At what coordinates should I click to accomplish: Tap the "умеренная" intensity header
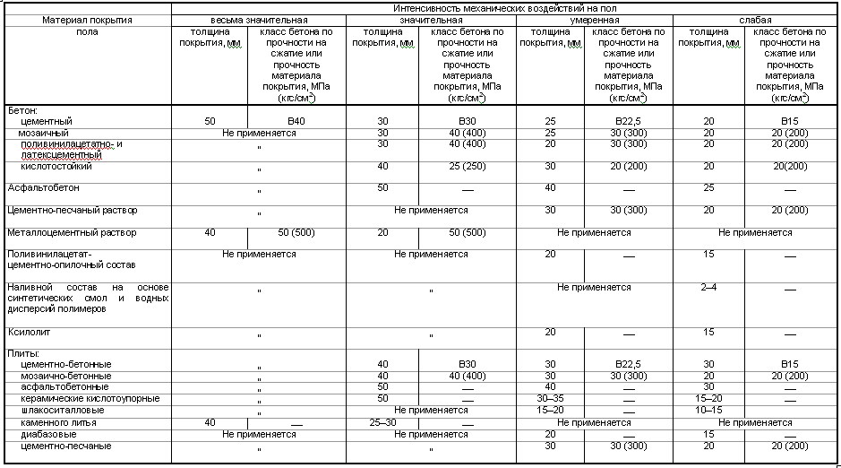click(593, 19)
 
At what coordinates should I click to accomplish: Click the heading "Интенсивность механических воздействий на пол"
click(506, 7)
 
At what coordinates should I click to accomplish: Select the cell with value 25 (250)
click(466, 166)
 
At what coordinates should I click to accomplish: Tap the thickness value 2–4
click(708, 287)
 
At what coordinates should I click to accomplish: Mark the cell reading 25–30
click(382, 421)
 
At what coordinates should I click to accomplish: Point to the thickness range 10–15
click(708, 409)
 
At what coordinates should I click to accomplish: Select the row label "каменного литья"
click(59, 421)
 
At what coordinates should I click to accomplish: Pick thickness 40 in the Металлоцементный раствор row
click(210, 232)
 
